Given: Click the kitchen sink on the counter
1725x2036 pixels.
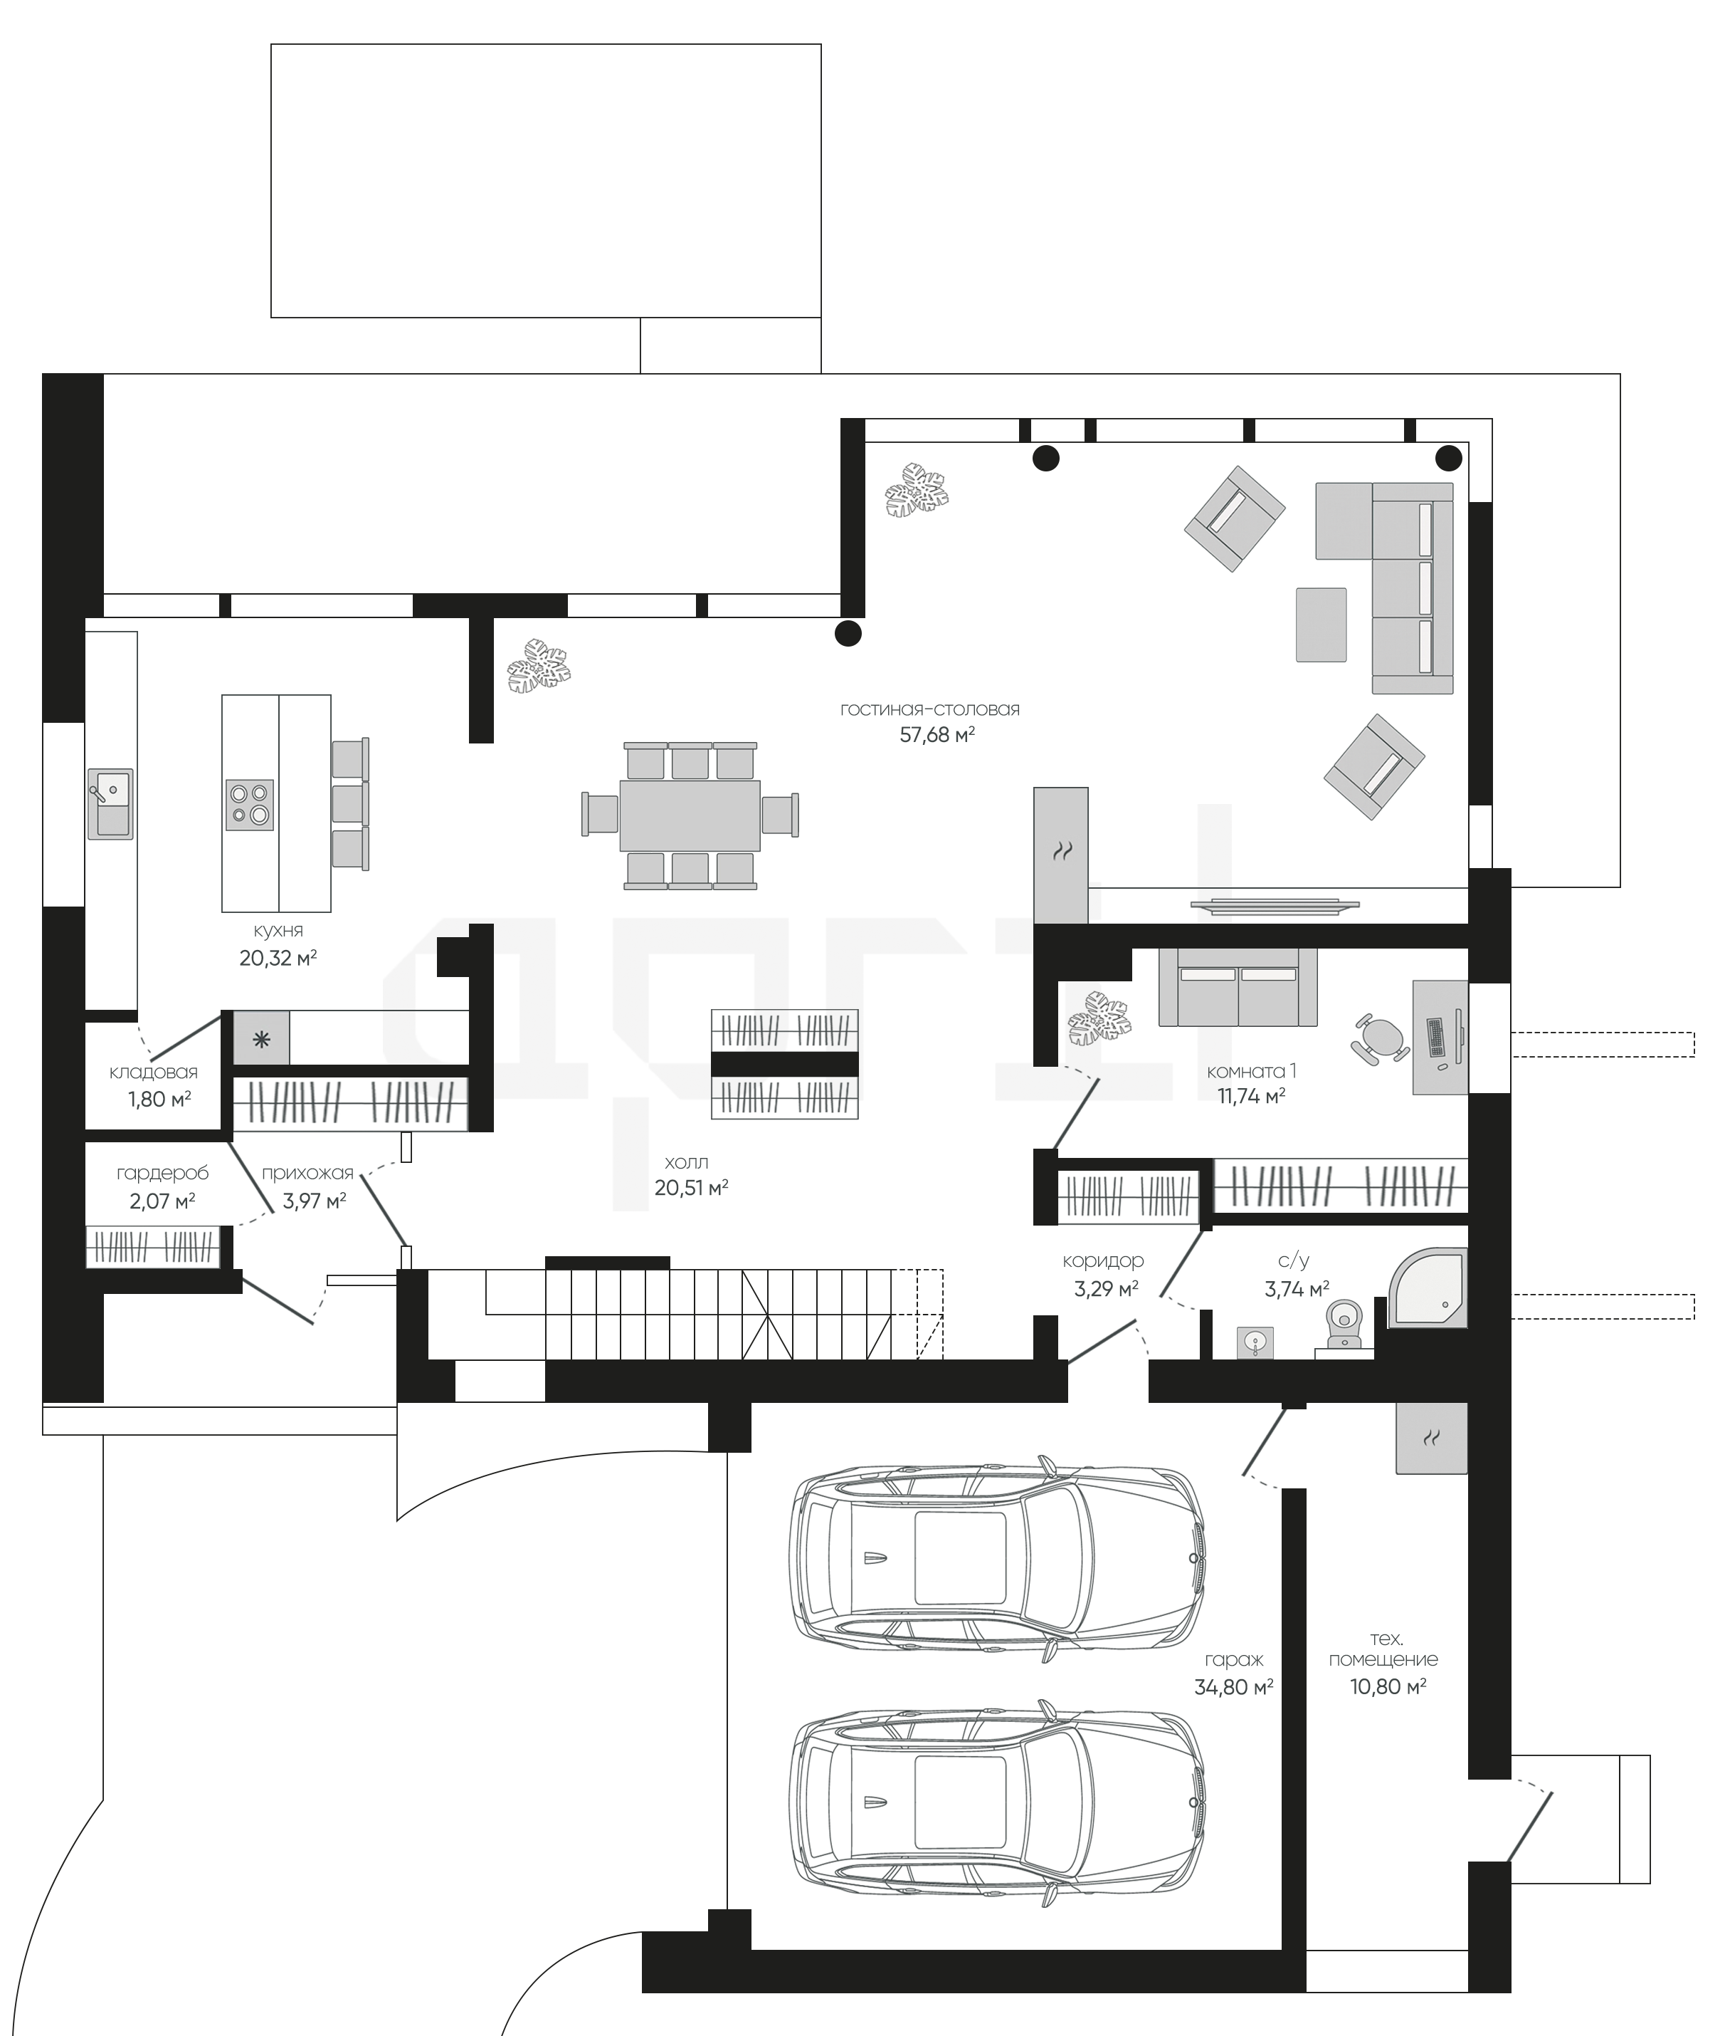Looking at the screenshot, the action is [110, 803].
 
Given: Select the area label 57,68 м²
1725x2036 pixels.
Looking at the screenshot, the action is [937, 735].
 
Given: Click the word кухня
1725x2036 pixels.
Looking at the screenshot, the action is [278, 931].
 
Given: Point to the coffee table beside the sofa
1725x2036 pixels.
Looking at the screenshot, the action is [1321, 625].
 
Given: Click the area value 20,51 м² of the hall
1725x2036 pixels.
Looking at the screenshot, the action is [692, 1188].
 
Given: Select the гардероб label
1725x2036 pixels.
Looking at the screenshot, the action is [162, 1173].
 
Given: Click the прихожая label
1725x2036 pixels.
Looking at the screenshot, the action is [307, 1173].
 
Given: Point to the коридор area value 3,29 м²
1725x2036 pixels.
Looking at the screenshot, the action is [1106, 1290].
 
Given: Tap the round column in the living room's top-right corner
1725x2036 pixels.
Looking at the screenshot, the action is [1448, 458].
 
